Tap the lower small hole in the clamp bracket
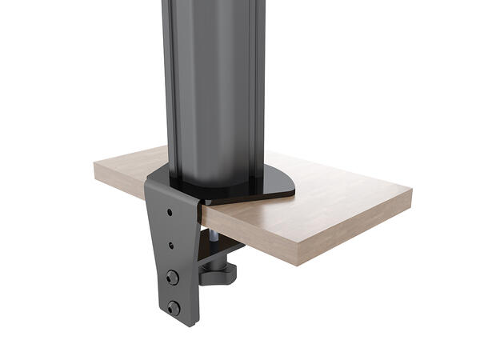click(x=170, y=246)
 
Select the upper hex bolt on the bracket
click(x=171, y=276)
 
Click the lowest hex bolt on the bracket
click(x=173, y=306)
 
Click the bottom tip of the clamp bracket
click(x=189, y=324)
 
